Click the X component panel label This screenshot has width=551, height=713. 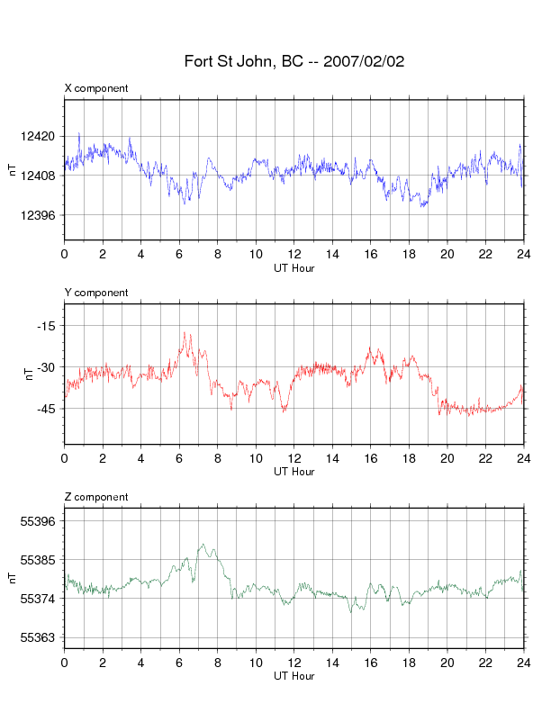pyautogui.click(x=96, y=88)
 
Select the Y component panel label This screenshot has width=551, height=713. pyautogui.click(x=96, y=293)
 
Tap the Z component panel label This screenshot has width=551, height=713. pyautogui.click(x=96, y=497)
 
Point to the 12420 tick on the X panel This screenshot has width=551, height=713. pyautogui.click(x=38, y=137)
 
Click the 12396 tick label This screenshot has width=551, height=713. pyautogui.click(x=38, y=215)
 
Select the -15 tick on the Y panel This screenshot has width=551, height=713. pyautogui.click(x=46, y=326)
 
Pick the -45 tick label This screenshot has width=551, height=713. pyautogui.click(x=46, y=409)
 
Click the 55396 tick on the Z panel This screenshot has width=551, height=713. pyautogui.click(x=38, y=521)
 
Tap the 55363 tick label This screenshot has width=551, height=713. pyautogui.click(x=38, y=637)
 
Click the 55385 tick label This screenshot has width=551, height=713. pyautogui.click(x=38, y=560)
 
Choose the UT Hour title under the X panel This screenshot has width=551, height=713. pyautogui.click(x=294, y=268)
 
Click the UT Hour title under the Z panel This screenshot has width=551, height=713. pyautogui.click(x=294, y=676)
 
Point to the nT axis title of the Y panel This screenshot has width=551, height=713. pyautogui.click(x=29, y=375)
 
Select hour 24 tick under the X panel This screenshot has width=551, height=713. pyautogui.click(x=524, y=254)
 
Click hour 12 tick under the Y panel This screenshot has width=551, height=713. pyautogui.click(x=294, y=458)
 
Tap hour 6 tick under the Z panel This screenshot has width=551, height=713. pyautogui.click(x=179, y=663)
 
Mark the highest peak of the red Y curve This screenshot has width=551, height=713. pyautogui.click(x=185, y=332)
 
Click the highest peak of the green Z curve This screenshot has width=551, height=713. pyautogui.click(x=203, y=544)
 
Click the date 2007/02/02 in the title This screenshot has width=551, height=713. pyautogui.click(x=364, y=61)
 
